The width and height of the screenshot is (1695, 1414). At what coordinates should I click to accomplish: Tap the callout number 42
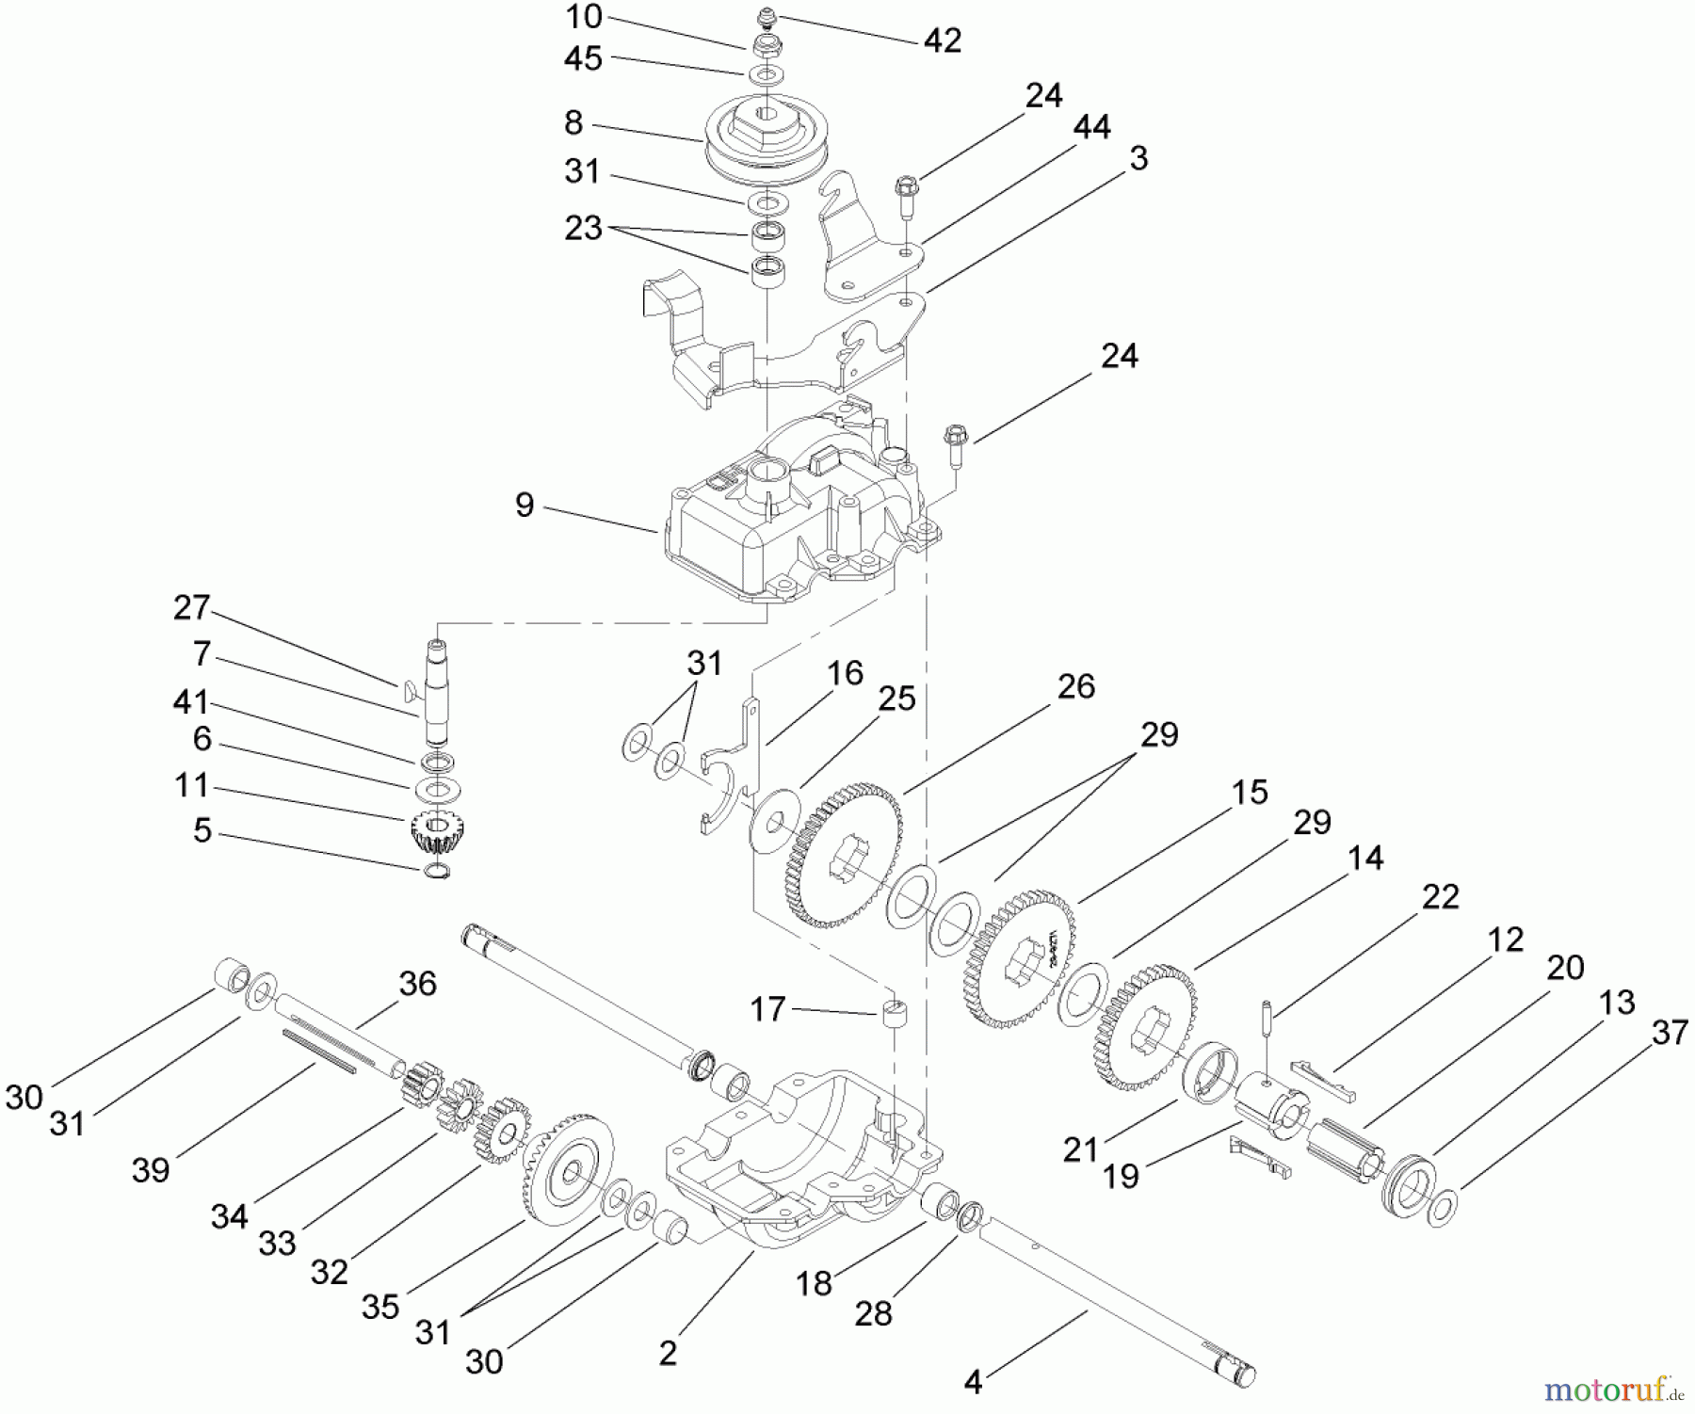click(942, 40)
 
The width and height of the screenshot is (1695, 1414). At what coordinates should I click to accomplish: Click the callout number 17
click(767, 1010)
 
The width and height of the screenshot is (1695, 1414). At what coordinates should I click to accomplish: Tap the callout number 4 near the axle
click(973, 1382)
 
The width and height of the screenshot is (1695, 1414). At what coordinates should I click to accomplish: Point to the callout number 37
click(1669, 1033)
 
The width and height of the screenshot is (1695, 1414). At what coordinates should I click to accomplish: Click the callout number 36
click(417, 984)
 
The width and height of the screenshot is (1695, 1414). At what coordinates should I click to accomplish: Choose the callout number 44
click(1091, 126)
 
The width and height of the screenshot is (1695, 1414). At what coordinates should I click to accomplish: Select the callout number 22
click(1440, 896)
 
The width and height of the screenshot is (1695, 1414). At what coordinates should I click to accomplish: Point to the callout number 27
click(191, 607)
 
